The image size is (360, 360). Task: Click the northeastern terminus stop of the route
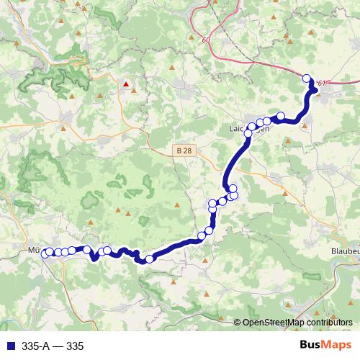pos(307,78)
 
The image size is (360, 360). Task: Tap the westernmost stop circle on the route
pos(45,253)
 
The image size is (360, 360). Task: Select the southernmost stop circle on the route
pos(149,259)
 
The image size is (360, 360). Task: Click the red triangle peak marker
pos(127,84)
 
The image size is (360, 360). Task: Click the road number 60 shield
pos(207,40)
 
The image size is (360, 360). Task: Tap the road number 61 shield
pos(321,84)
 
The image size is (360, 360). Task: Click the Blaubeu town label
pos(343,251)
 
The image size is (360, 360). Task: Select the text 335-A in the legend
pos(35,346)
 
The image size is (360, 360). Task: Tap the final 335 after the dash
pos(75,346)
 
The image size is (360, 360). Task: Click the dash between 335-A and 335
pos(58,346)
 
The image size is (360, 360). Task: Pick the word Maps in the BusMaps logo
pos(336,346)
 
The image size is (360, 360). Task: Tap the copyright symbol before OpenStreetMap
pos(238,323)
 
